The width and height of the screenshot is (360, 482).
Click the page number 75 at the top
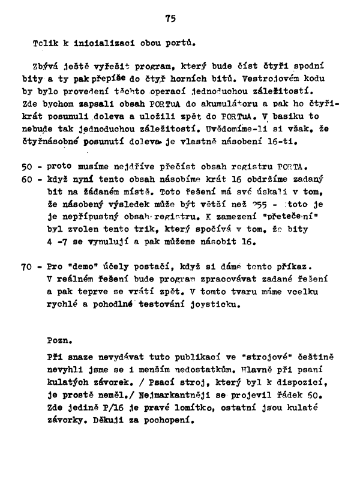click(x=171, y=19)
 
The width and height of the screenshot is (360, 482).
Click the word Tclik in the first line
click(x=45, y=43)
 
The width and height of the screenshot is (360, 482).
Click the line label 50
click(x=28, y=166)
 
